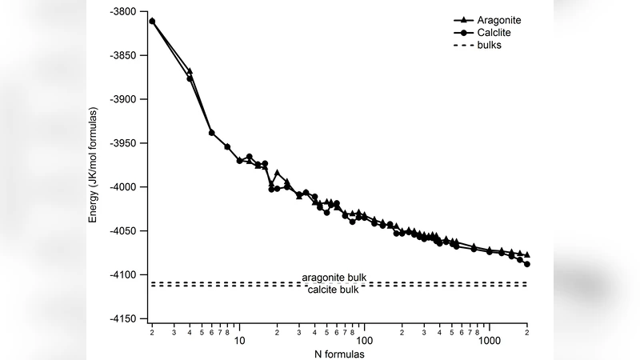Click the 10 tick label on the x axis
(x=239, y=341)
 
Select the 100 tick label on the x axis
(x=364, y=341)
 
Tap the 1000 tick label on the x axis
(x=489, y=341)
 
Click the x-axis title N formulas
(x=338, y=353)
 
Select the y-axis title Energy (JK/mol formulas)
(x=94, y=164)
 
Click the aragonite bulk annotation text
(x=334, y=277)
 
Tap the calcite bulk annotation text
(x=334, y=289)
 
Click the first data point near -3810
(x=152, y=21)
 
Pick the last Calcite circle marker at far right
(x=527, y=264)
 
